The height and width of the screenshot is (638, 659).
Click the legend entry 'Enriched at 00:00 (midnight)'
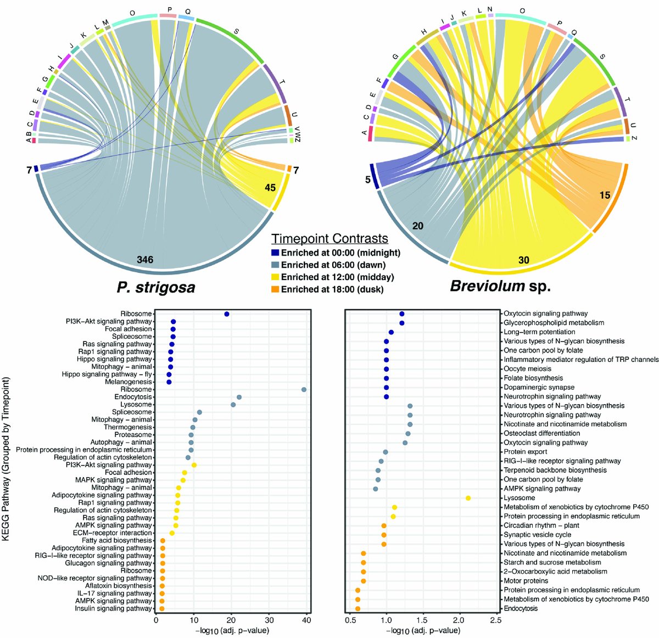point(340,253)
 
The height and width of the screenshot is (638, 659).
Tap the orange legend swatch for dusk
point(275,289)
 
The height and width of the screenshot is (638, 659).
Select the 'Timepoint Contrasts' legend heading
point(329,239)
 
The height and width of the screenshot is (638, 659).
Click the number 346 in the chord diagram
point(146,259)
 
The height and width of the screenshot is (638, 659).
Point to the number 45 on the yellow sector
point(270,188)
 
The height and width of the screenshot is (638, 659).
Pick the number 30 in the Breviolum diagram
point(523,260)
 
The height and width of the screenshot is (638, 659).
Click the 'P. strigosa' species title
point(155,287)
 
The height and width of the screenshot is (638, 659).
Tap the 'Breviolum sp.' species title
point(500,286)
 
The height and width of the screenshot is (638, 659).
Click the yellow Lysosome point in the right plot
point(468,498)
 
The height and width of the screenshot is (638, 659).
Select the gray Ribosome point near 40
point(304,389)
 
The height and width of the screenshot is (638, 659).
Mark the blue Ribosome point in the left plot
point(227,314)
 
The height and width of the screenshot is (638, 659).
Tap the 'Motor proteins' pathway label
point(526,580)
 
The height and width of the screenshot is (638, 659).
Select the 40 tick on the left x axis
point(306,620)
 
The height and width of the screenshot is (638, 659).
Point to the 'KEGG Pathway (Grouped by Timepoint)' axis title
point(7,459)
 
